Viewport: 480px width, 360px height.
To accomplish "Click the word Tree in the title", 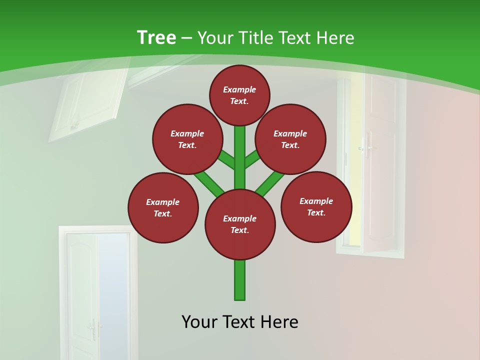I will point(156,37).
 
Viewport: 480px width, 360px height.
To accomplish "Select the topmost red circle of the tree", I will point(239,95).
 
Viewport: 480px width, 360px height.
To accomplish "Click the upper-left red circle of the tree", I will point(187,139).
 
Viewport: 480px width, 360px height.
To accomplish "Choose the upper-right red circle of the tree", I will point(290,139).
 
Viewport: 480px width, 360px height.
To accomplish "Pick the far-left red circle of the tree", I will point(163,207).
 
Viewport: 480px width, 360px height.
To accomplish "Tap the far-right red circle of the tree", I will point(316,206).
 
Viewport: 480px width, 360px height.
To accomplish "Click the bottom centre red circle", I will point(240,224).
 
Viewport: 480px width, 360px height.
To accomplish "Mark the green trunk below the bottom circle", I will point(240,280).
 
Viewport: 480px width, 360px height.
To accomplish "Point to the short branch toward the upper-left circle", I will point(226,160).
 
